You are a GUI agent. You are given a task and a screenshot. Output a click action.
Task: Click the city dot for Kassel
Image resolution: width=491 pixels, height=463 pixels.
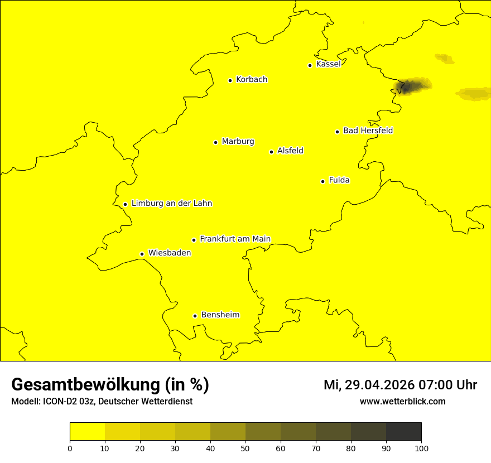(310, 65)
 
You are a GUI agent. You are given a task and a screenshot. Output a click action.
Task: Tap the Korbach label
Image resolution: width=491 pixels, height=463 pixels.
(252, 79)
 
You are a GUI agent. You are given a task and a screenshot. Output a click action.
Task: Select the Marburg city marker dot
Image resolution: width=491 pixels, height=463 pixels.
(215, 142)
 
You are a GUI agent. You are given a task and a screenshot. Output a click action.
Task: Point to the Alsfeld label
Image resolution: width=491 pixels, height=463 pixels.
(290, 151)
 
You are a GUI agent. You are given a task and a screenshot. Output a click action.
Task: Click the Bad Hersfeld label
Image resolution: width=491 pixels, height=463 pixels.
(368, 131)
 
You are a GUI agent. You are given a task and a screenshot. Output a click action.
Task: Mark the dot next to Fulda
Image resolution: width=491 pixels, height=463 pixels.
(322, 181)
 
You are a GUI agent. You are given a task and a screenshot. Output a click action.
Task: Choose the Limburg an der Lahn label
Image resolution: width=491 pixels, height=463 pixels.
(172, 203)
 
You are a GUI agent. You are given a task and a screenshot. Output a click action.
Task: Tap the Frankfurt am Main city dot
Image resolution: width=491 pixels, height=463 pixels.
(194, 240)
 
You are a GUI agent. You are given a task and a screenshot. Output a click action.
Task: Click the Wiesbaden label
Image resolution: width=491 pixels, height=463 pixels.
(170, 253)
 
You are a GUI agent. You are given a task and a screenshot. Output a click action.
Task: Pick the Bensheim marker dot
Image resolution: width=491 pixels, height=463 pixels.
(195, 316)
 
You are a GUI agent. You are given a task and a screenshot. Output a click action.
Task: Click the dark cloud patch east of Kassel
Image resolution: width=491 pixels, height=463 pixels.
(412, 86)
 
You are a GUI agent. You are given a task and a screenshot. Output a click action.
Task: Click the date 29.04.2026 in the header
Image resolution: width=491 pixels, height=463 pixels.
(382, 385)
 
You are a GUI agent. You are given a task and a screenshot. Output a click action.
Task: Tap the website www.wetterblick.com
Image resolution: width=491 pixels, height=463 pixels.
(402, 401)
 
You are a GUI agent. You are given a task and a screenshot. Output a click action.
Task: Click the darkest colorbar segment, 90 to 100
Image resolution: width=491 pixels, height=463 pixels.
(403, 432)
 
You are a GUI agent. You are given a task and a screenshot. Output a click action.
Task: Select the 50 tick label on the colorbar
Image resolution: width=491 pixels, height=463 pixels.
(245, 448)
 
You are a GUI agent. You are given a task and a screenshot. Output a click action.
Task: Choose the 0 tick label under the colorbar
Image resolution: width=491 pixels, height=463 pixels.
(70, 448)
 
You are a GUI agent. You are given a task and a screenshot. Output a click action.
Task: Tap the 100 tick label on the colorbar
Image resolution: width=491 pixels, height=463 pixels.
(421, 448)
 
